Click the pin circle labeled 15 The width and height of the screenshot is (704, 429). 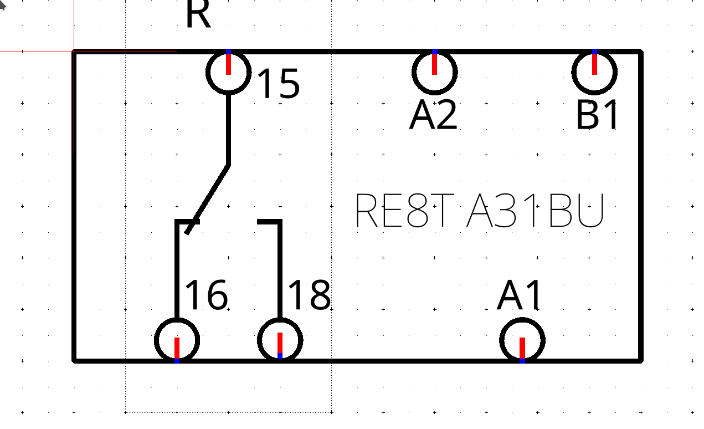point(229,91)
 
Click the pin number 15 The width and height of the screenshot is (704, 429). point(279,84)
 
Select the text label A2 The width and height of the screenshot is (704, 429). point(433,115)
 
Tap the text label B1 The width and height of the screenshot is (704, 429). point(598,115)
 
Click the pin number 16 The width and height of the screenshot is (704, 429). point(207,295)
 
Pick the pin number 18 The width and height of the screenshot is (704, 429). point(309,295)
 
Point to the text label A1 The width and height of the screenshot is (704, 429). point(519,295)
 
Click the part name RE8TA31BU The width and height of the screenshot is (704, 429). point(480,211)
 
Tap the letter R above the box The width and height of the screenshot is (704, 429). point(198,14)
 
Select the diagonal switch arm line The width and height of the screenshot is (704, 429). point(208,200)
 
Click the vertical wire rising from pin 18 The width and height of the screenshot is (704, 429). point(280,270)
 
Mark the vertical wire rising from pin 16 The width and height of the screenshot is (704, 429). point(177,270)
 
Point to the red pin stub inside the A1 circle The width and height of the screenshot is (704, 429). point(522,348)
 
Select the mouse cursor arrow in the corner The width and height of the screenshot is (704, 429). point(2,6)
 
